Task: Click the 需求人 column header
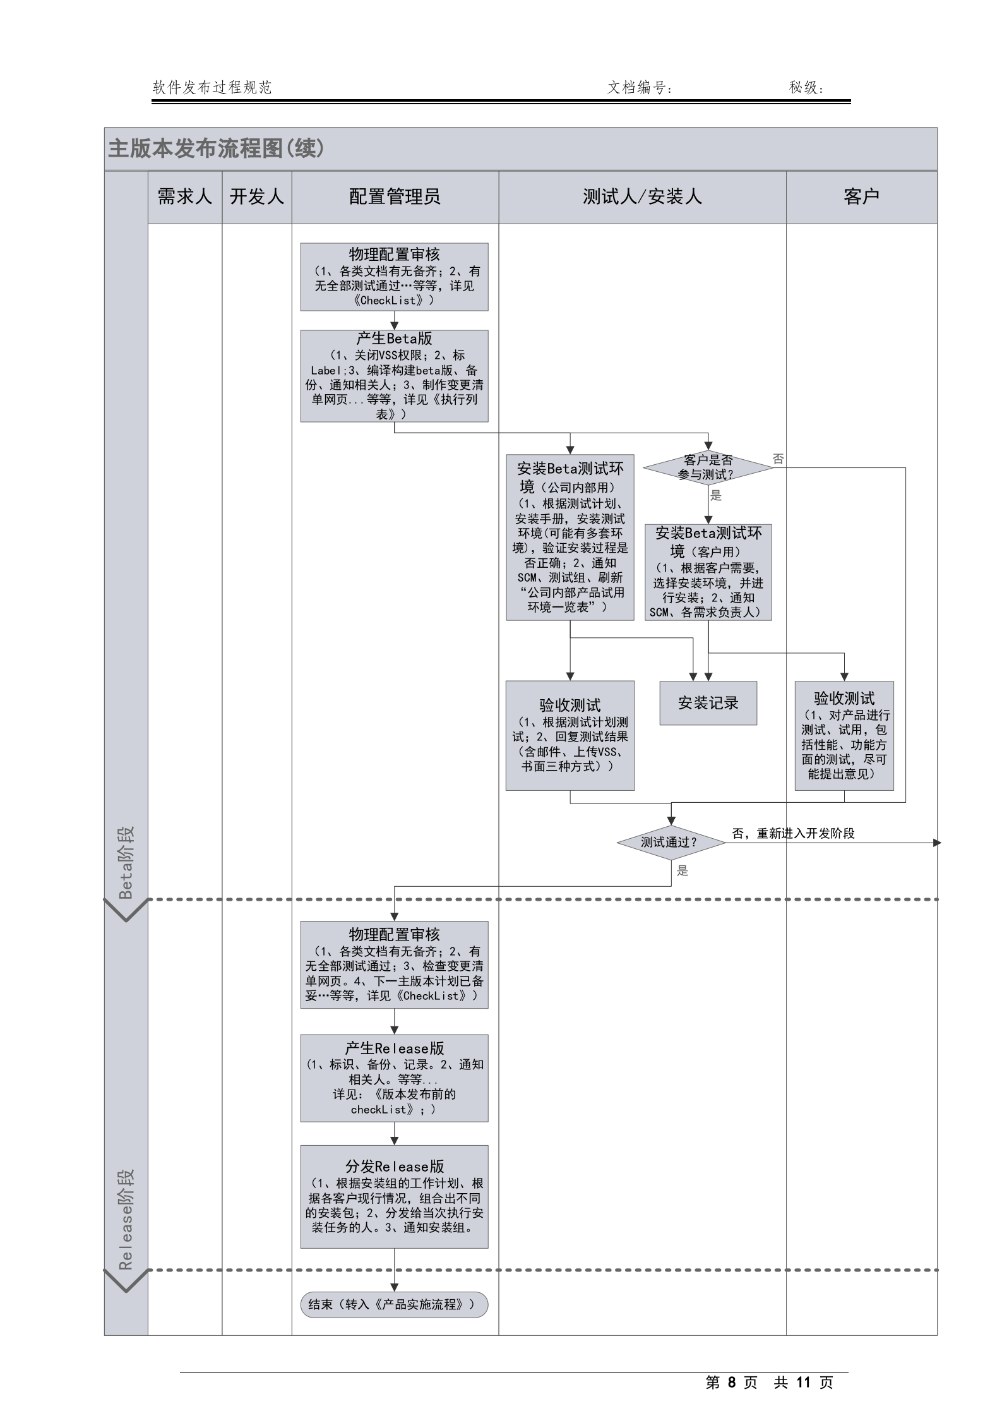184,196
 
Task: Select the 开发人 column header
256,196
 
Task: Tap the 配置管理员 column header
395,196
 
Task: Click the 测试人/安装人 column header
642,196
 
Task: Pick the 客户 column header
861,196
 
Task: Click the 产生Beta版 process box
394,376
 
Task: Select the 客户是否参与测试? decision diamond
708,467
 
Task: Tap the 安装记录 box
708,703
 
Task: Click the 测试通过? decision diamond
670,842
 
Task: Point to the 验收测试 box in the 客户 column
844,735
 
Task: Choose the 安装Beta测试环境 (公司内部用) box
570,537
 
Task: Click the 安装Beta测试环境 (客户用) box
708,572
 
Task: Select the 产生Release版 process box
394,1078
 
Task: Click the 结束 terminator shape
394,1304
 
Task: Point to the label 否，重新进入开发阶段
793,833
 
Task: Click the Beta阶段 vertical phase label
126,862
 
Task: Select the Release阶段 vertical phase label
126,1220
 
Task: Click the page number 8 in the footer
731,1383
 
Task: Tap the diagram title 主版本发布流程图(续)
216,148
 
